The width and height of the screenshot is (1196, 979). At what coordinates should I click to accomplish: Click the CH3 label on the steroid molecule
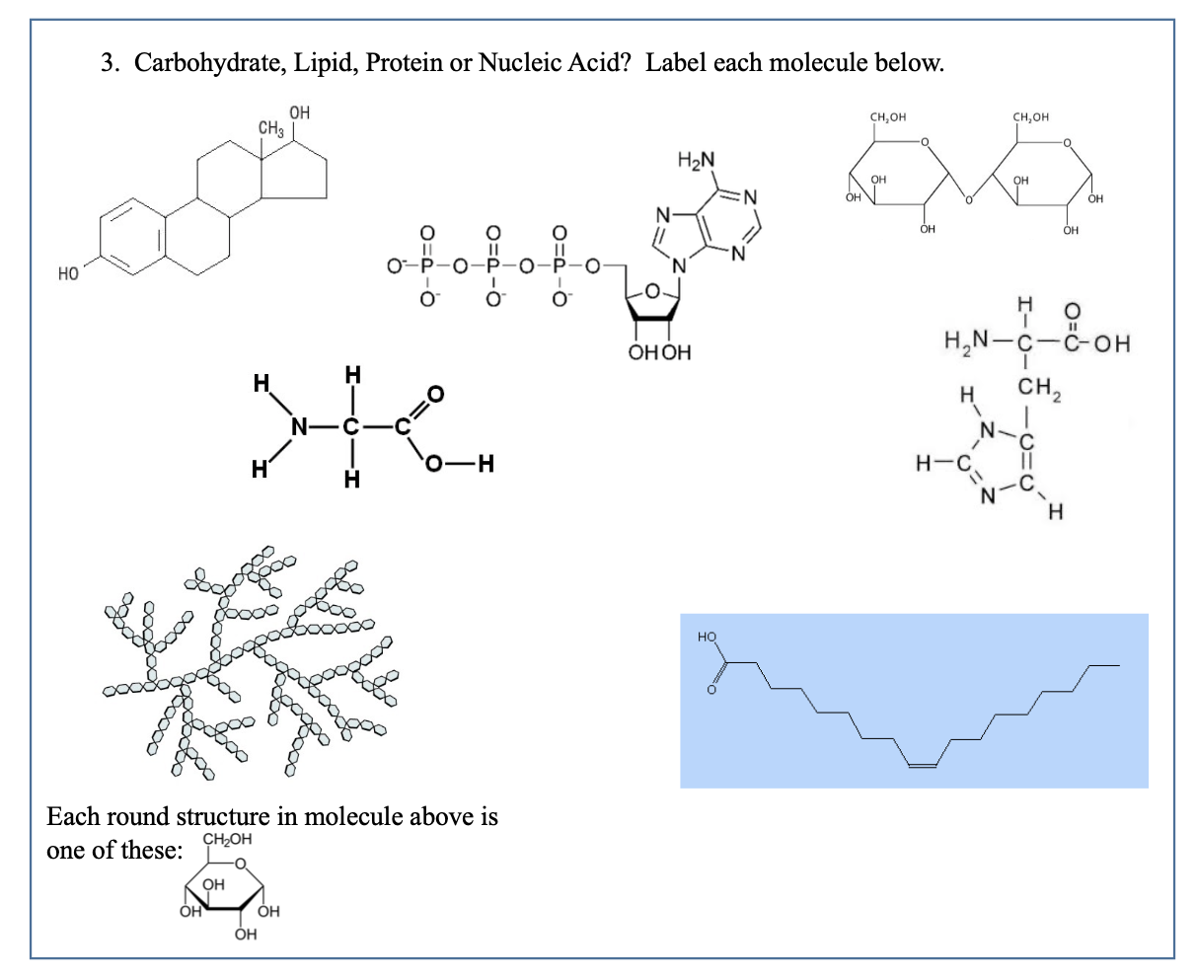click(270, 128)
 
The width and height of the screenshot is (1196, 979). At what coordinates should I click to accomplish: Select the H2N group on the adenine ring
click(698, 162)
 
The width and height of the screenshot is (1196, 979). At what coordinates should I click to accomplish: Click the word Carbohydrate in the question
click(202, 64)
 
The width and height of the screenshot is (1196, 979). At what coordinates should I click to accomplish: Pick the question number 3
click(108, 64)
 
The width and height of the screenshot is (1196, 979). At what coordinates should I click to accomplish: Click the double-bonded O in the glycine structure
click(435, 395)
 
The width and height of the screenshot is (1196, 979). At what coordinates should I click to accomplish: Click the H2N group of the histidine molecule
click(966, 344)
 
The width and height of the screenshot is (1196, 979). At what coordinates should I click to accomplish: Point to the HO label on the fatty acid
click(707, 638)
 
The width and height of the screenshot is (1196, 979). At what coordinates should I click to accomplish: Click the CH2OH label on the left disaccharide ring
click(887, 119)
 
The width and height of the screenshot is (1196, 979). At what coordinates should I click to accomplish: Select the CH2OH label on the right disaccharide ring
click(1030, 119)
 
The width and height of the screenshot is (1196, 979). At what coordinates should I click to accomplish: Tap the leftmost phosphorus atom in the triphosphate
click(428, 266)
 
